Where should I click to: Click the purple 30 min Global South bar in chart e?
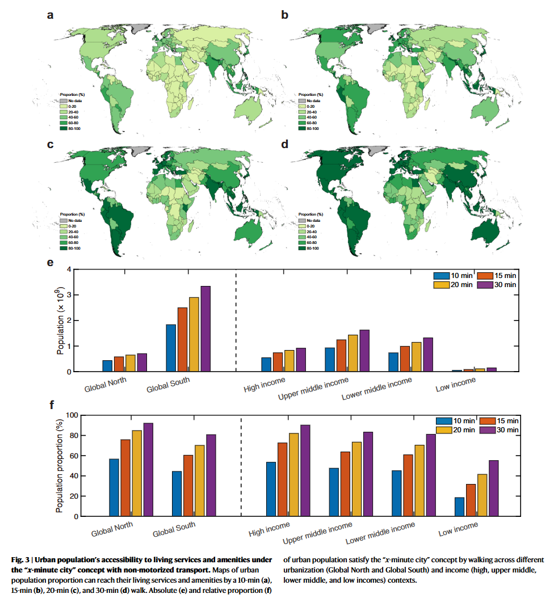pyautogui.click(x=205, y=329)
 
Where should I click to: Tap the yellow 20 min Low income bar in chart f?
pyautogui.click(x=481, y=495)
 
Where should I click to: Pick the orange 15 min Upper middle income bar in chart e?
pyautogui.click(x=341, y=355)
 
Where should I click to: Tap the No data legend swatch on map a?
pyautogui.click(x=63, y=100)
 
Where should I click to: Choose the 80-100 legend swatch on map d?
pyautogui.click(x=301, y=249)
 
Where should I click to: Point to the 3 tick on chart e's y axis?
pyautogui.click(x=69, y=295)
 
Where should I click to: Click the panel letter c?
pyautogui.click(x=51, y=145)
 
